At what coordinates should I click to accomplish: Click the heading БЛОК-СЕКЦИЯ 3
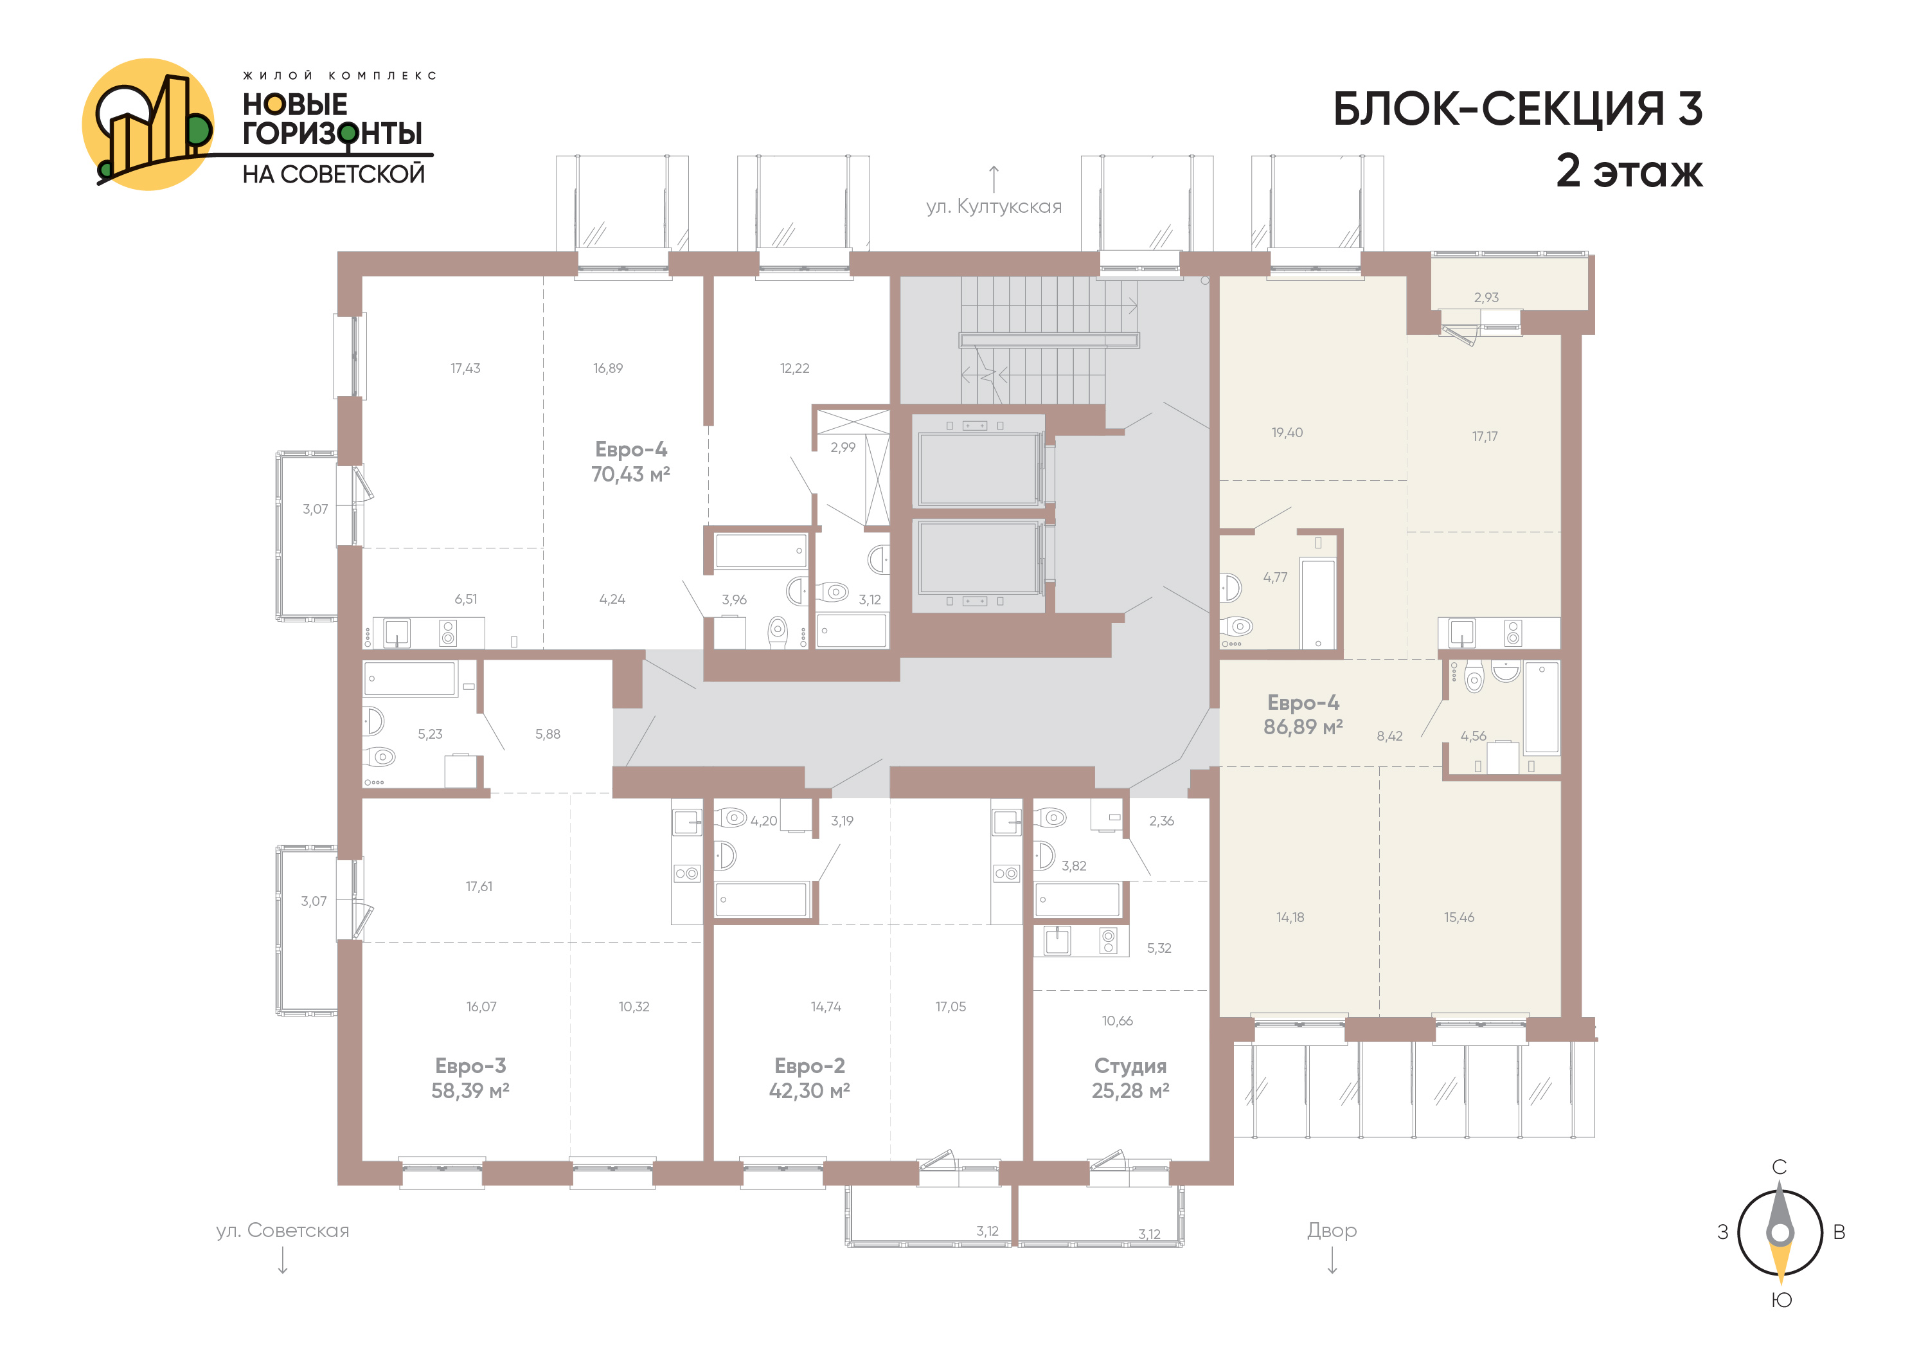pyautogui.click(x=1517, y=109)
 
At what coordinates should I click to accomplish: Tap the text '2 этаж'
pyautogui.click(x=1629, y=170)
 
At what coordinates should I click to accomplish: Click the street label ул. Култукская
pyautogui.click(x=994, y=206)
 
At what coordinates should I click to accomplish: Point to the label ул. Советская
pyautogui.click(x=282, y=1231)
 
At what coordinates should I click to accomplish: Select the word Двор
pyautogui.click(x=1332, y=1231)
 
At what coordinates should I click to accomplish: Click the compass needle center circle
pyautogui.click(x=1780, y=1233)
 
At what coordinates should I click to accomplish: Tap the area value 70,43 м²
pyautogui.click(x=630, y=474)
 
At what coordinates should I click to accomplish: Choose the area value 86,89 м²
pyautogui.click(x=1303, y=727)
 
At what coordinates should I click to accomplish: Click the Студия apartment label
pyautogui.click(x=1130, y=1067)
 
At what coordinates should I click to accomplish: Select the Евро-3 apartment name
pyautogui.click(x=470, y=1066)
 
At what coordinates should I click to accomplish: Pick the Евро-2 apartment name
pyautogui.click(x=810, y=1066)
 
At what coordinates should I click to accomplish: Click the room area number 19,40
pyautogui.click(x=1287, y=433)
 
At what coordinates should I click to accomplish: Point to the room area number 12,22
pyautogui.click(x=794, y=368)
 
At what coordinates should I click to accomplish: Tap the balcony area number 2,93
pyautogui.click(x=1486, y=297)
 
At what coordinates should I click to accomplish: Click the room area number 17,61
pyautogui.click(x=479, y=887)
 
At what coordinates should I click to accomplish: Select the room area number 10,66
pyautogui.click(x=1118, y=1021)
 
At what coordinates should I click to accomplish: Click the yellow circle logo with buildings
pyautogui.click(x=148, y=124)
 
